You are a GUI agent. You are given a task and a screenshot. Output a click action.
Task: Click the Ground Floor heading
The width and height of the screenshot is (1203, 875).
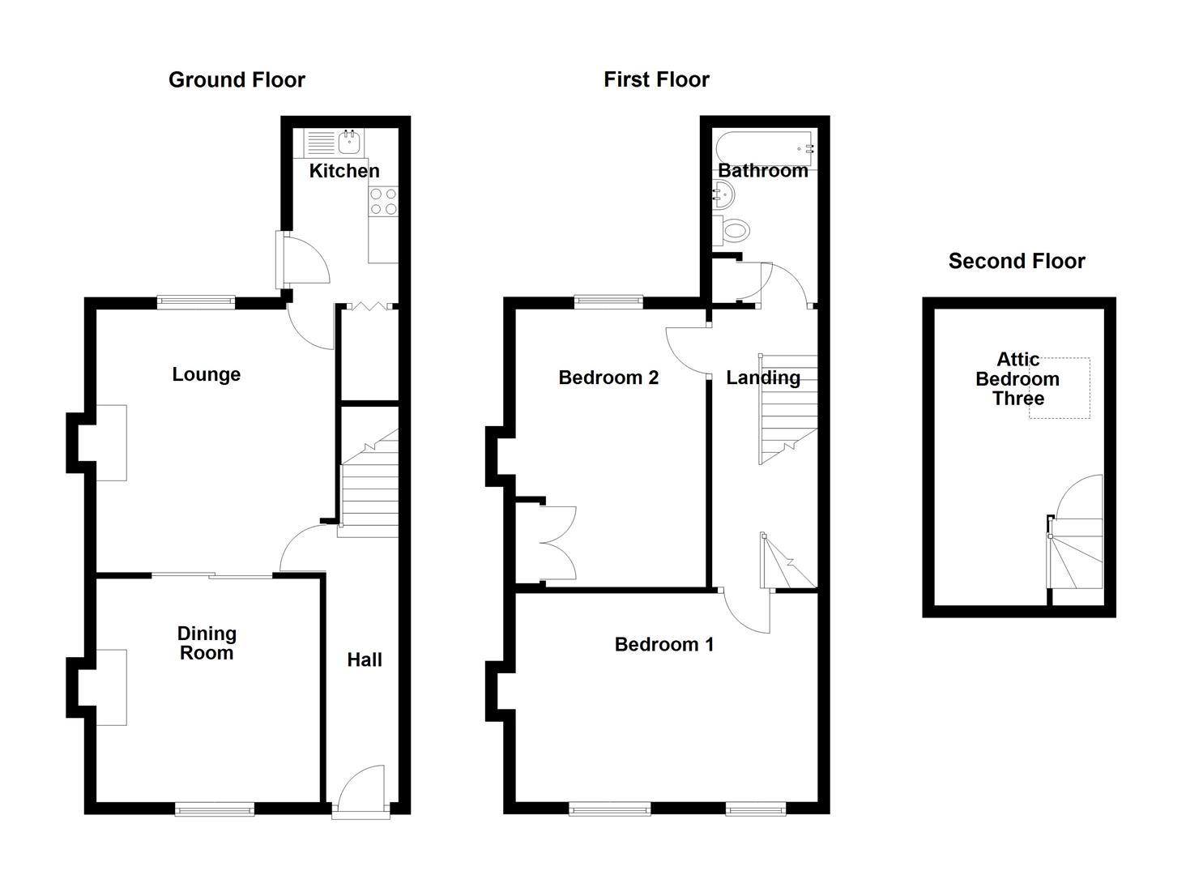[x=237, y=79]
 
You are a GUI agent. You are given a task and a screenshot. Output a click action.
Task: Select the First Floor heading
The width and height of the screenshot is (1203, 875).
[x=656, y=79]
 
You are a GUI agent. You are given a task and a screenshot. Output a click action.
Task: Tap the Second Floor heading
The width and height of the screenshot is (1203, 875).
[x=1017, y=261]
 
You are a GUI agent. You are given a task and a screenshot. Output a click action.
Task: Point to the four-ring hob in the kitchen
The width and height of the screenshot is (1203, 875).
[x=383, y=201]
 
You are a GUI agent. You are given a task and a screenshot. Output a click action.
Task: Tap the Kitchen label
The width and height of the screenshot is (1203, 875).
[x=344, y=171]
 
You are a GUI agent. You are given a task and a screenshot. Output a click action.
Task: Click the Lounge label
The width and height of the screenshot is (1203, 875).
[x=206, y=374]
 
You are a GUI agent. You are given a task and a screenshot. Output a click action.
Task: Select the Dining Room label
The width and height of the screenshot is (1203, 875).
[x=207, y=643]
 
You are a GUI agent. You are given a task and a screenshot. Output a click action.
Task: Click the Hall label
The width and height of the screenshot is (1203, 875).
[x=365, y=660]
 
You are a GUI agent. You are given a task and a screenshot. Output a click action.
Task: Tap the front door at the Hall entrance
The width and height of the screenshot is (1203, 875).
[x=361, y=790]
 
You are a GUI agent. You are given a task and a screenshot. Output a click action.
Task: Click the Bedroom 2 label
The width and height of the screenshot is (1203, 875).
[x=608, y=378]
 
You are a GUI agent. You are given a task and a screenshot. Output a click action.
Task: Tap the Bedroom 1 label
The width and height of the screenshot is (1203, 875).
[x=664, y=645]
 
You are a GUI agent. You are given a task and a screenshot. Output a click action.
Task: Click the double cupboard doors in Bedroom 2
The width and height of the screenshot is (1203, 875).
[x=557, y=543]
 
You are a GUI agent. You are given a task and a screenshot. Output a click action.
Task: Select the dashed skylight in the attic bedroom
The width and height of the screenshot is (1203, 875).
[x=1060, y=388]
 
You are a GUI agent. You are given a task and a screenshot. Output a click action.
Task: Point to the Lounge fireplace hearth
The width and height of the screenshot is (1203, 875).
[x=112, y=442]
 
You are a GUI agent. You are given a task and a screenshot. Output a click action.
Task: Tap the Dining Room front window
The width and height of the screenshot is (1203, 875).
[x=215, y=808]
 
